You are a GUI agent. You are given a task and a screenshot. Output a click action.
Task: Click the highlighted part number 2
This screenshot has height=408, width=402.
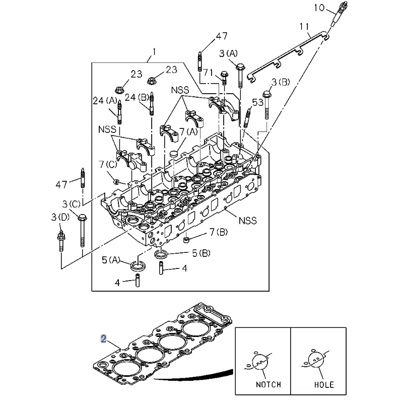tap(103, 338)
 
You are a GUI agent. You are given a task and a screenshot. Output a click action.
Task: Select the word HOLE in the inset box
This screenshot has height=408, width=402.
tap(323, 385)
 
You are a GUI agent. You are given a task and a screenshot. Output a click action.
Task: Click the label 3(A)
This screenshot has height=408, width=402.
tap(229, 53)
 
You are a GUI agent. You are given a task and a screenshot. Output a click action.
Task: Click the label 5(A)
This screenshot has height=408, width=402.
tap(111, 260)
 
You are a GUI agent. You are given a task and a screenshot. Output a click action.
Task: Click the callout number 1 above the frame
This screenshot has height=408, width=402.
tap(154, 50)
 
